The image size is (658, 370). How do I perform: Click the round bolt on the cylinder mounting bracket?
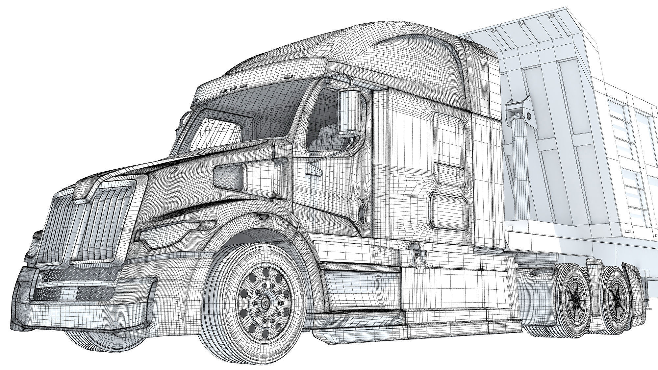click(x=529, y=115)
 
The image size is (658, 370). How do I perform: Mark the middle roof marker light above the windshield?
click(x=233, y=88)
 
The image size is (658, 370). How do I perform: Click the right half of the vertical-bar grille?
click(x=102, y=224)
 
